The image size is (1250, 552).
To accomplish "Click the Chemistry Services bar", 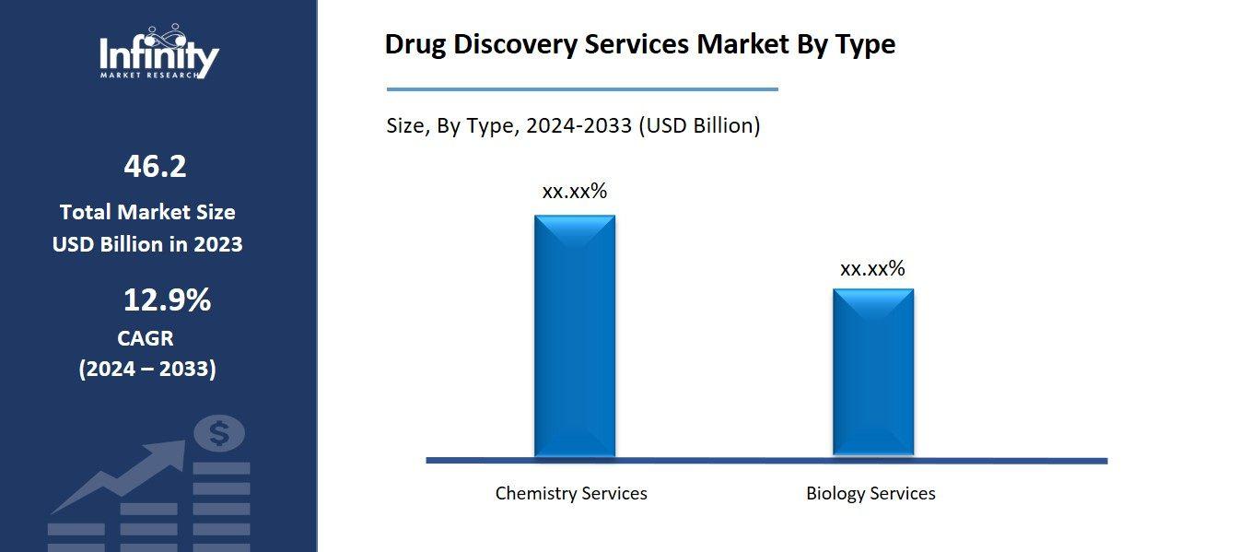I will coord(574,335).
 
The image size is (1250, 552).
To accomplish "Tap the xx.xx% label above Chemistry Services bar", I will coord(574,192).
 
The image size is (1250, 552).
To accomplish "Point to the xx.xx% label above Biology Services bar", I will coord(872,269).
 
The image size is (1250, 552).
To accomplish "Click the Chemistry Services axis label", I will coord(571,493).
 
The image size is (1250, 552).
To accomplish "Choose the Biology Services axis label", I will coord(870,493).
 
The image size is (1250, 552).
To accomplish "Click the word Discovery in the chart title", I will coord(517,44).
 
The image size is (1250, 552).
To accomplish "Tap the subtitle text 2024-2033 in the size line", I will coord(578,126).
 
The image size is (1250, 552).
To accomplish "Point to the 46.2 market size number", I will coord(155,167).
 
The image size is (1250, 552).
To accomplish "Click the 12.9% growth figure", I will coord(167,299).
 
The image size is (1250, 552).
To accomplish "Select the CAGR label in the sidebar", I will coord(146,338).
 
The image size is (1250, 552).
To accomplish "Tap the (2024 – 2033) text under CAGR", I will coord(147,370).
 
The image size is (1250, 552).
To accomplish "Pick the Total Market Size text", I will coord(147,212).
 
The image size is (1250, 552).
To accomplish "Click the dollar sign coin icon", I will coord(219,433).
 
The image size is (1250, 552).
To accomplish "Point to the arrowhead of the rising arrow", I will coord(172,452).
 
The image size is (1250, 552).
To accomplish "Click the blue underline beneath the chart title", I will coord(582,89).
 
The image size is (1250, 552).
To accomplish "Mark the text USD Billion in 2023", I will coord(147,244).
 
